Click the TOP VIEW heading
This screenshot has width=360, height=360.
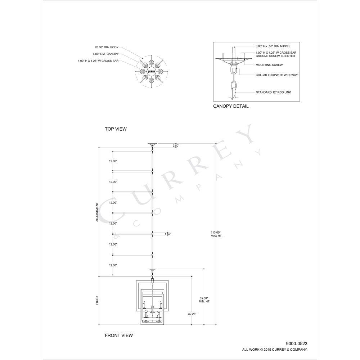[x=116, y=129]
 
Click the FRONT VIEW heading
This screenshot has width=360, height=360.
[x=119, y=336]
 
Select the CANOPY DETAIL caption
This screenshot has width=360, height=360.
[x=231, y=106]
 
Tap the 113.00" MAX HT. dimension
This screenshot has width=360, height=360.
[x=216, y=234]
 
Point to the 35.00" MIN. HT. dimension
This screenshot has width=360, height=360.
[x=204, y=300]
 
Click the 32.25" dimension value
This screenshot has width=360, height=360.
[x=192, y=314]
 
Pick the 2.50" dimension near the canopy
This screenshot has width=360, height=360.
[x=176, y=145]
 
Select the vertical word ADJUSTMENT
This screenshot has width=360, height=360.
[x=97, y=212]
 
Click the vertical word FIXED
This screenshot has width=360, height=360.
[x=97, y=300]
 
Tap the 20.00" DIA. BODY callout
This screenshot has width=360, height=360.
[x=107, y=47]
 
